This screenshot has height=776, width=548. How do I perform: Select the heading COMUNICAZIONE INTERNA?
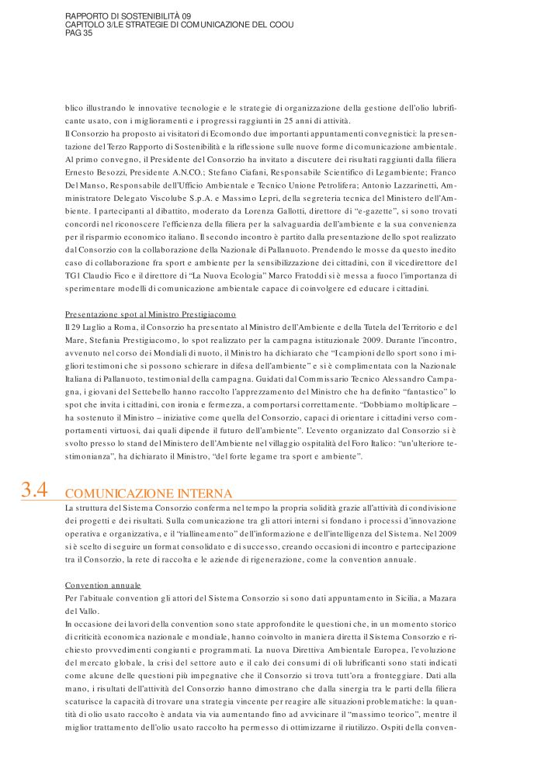click(149, 493)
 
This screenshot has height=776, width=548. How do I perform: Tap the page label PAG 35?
click(79, 33)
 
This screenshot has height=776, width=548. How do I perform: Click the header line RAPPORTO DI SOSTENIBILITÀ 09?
click(128, 16)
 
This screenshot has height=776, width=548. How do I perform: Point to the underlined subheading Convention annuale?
click(103, 584)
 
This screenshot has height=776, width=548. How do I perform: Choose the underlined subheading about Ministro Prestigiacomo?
click(150, 314)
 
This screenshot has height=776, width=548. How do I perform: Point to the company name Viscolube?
click(178, 198)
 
